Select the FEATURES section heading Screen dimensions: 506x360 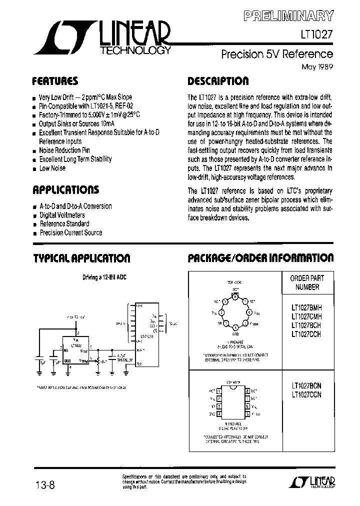tap(55, 81)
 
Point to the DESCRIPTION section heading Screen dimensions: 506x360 tap(217, 81)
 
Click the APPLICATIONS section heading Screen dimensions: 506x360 tap(65, 190)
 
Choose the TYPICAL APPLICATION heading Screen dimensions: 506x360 tap(81, 258)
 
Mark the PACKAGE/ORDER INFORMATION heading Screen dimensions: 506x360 tap(260, 258)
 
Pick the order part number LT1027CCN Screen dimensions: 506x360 tap(306, 394)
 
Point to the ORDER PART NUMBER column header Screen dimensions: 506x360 tap(307, 282)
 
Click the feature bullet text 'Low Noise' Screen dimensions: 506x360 tap(52, 168)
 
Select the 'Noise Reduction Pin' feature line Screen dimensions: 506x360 tap(64, 150)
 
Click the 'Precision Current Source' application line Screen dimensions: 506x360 tap(70, 232)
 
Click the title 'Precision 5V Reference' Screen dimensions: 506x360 tap(276, 54)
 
